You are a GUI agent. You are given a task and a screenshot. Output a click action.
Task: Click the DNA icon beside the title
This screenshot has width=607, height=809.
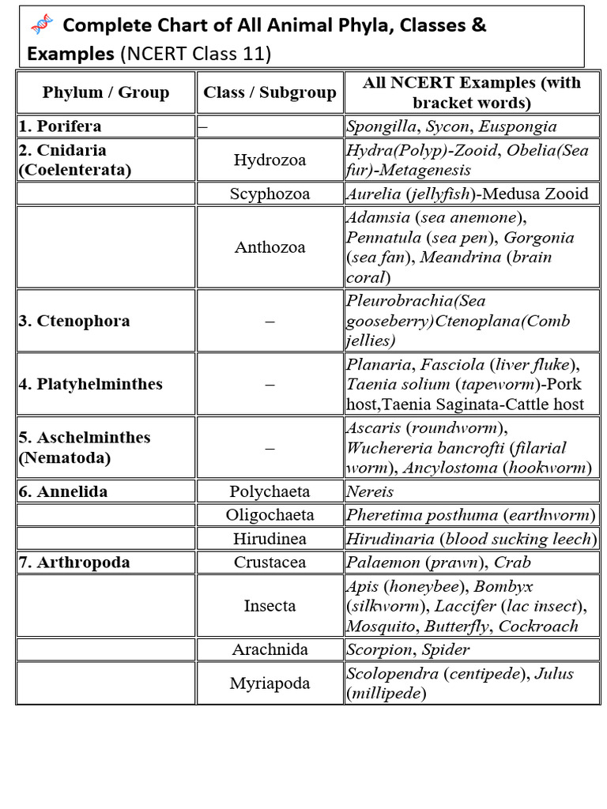(x=41, y=26)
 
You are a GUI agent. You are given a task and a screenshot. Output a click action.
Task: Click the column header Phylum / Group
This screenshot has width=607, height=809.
(x=106, y=92)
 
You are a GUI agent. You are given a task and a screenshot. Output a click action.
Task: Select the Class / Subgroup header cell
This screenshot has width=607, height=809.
(x=270, y=92)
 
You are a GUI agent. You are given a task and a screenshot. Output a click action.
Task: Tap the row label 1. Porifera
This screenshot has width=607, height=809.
(x=60, y=126)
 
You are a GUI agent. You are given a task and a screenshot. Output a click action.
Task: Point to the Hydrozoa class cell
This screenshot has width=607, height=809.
(x=270, y=160)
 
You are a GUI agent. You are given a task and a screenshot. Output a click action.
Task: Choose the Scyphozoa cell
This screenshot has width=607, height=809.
(x=270, y=194)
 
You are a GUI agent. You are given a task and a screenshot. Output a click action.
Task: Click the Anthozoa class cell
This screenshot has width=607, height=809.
(x=270, y=247)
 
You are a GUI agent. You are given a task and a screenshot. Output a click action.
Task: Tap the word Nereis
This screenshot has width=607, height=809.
(x=370, y=491)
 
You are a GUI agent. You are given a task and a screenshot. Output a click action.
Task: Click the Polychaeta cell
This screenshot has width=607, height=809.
(x=270, y=491)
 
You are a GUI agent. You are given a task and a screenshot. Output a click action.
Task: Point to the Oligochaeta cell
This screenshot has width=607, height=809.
(x=270, y=515)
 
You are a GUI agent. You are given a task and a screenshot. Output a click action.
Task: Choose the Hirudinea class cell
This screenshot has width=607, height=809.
(x=270, y=539)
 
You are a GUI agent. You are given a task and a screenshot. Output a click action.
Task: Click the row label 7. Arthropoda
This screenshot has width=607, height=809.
(x=74, y=563)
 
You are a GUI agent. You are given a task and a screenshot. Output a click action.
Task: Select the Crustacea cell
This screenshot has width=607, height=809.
(x=270, y=563)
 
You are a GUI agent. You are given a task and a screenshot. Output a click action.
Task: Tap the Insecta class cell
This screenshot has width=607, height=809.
(x=270, y=606)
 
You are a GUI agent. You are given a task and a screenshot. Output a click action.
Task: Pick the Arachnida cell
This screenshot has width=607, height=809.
(x=270, y=649)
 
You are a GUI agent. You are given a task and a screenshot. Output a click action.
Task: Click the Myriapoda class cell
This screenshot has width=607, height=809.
(x=270, y=683)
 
